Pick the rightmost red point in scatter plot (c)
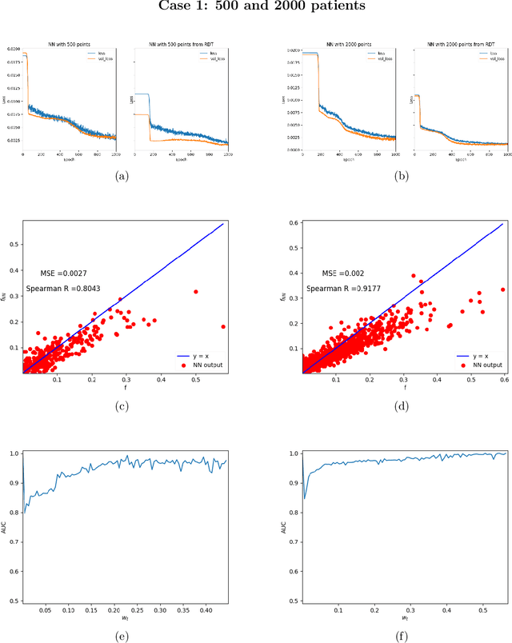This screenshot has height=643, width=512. [223, 326]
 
